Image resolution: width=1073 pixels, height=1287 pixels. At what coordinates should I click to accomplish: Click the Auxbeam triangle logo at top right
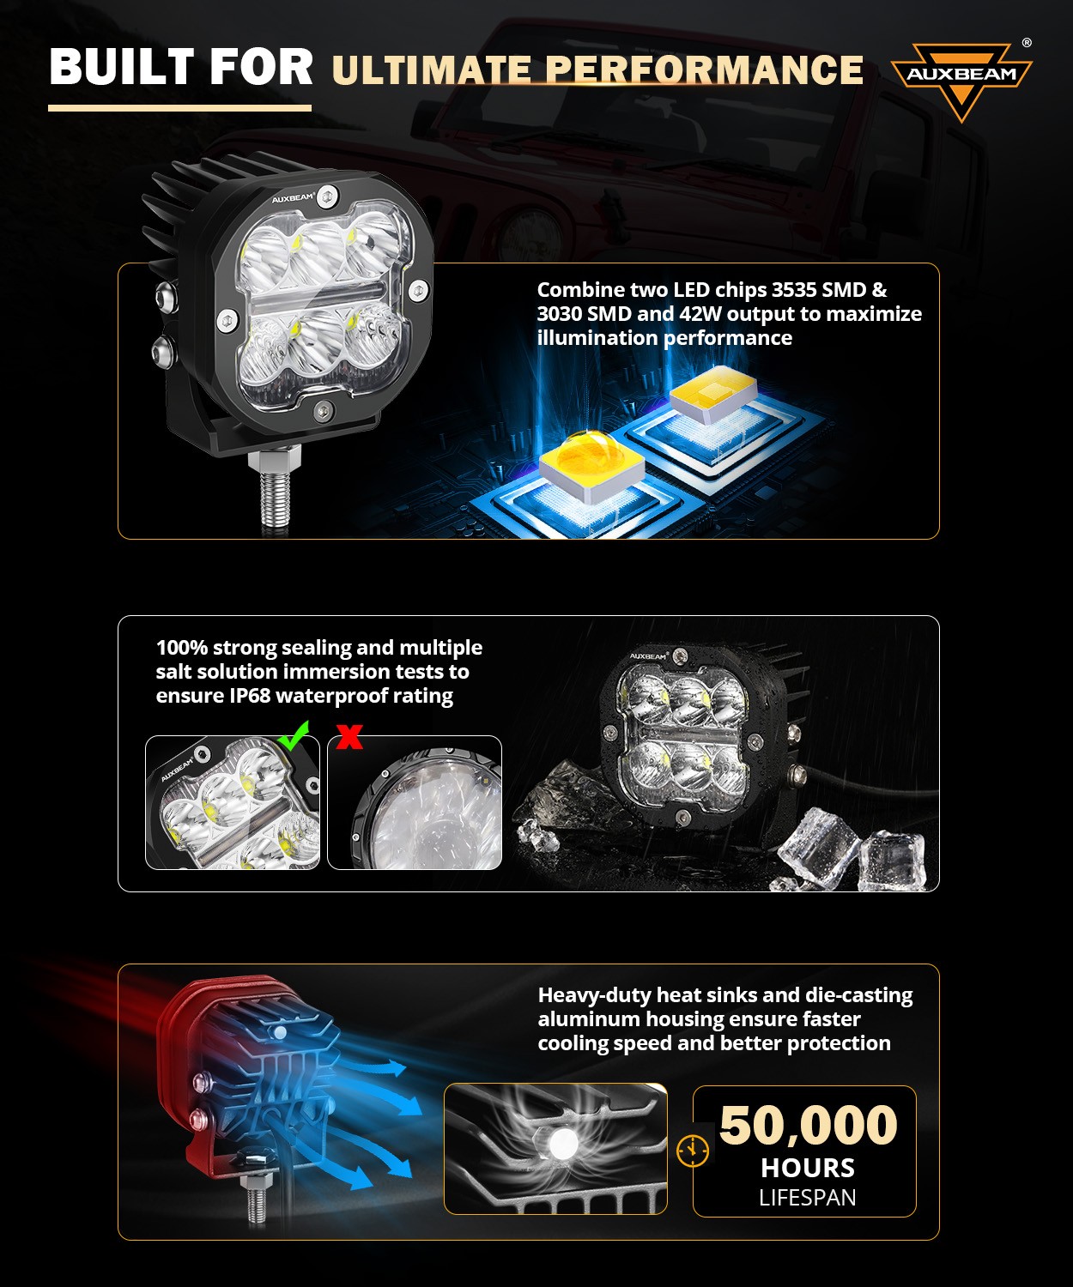pos(961,79)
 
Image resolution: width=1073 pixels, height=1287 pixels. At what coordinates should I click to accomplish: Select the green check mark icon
pos(294,734)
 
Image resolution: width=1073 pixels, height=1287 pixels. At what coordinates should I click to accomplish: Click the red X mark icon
pos(349,736)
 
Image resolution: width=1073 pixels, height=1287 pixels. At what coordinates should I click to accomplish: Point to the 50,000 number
pos(808,1125)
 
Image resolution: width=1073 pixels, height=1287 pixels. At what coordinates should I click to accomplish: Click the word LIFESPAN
pos(807,1198)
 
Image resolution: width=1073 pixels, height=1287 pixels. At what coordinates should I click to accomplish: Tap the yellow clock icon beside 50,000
pos(693,1150)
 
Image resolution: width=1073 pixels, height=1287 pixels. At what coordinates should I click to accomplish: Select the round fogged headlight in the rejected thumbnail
pos(425,815)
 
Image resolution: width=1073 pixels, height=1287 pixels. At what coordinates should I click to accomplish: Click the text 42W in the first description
pos(701,314)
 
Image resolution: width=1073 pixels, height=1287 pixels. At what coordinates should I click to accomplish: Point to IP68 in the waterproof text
pos(250,696)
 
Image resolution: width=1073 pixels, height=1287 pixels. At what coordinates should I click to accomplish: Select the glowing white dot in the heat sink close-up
pos(563,1143)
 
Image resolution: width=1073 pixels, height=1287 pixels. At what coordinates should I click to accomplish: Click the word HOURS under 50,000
pos(807,1168)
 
